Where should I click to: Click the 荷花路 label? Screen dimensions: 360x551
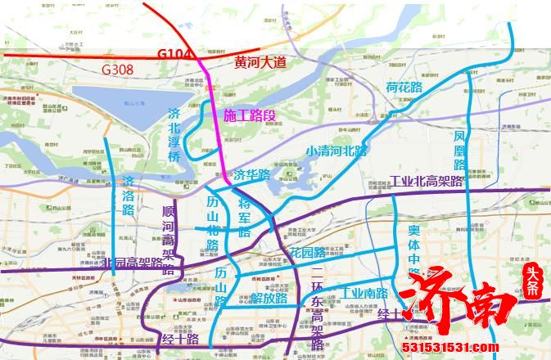click(404, 86)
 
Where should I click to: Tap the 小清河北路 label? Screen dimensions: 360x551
click(336, 151)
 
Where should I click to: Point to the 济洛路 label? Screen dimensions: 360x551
click(128, 195)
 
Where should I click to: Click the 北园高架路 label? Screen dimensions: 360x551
click(133, 263)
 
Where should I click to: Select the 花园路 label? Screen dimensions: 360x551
click(309, 252)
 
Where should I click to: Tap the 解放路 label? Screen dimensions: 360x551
click(269, 298)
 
